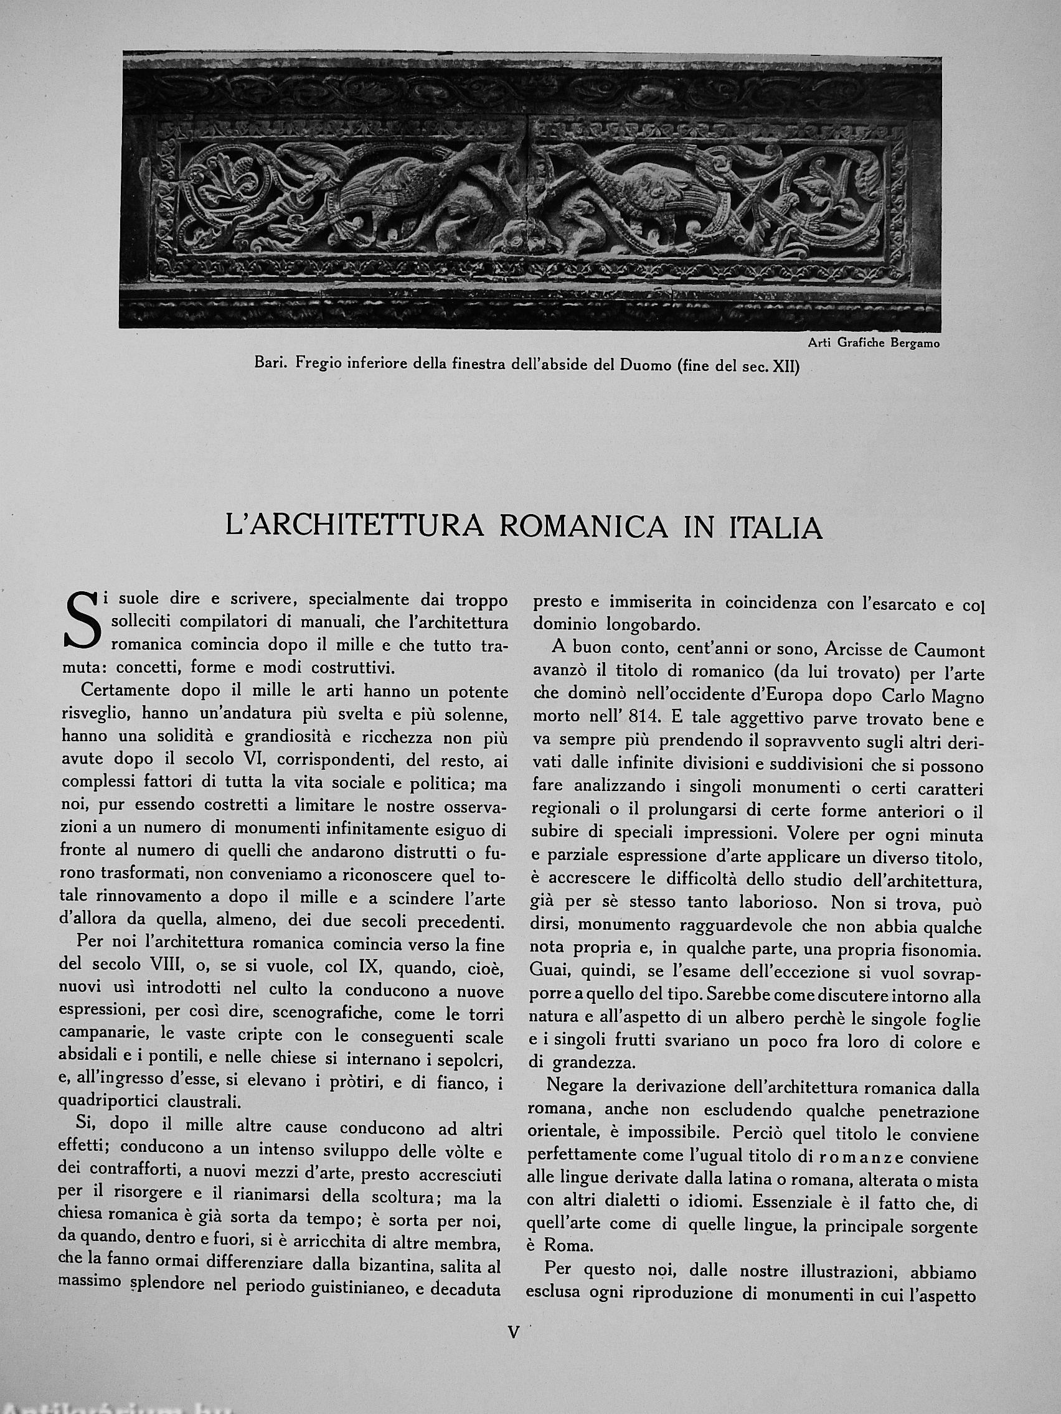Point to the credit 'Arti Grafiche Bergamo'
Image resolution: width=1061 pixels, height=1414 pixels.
click(x=874, y=344)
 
